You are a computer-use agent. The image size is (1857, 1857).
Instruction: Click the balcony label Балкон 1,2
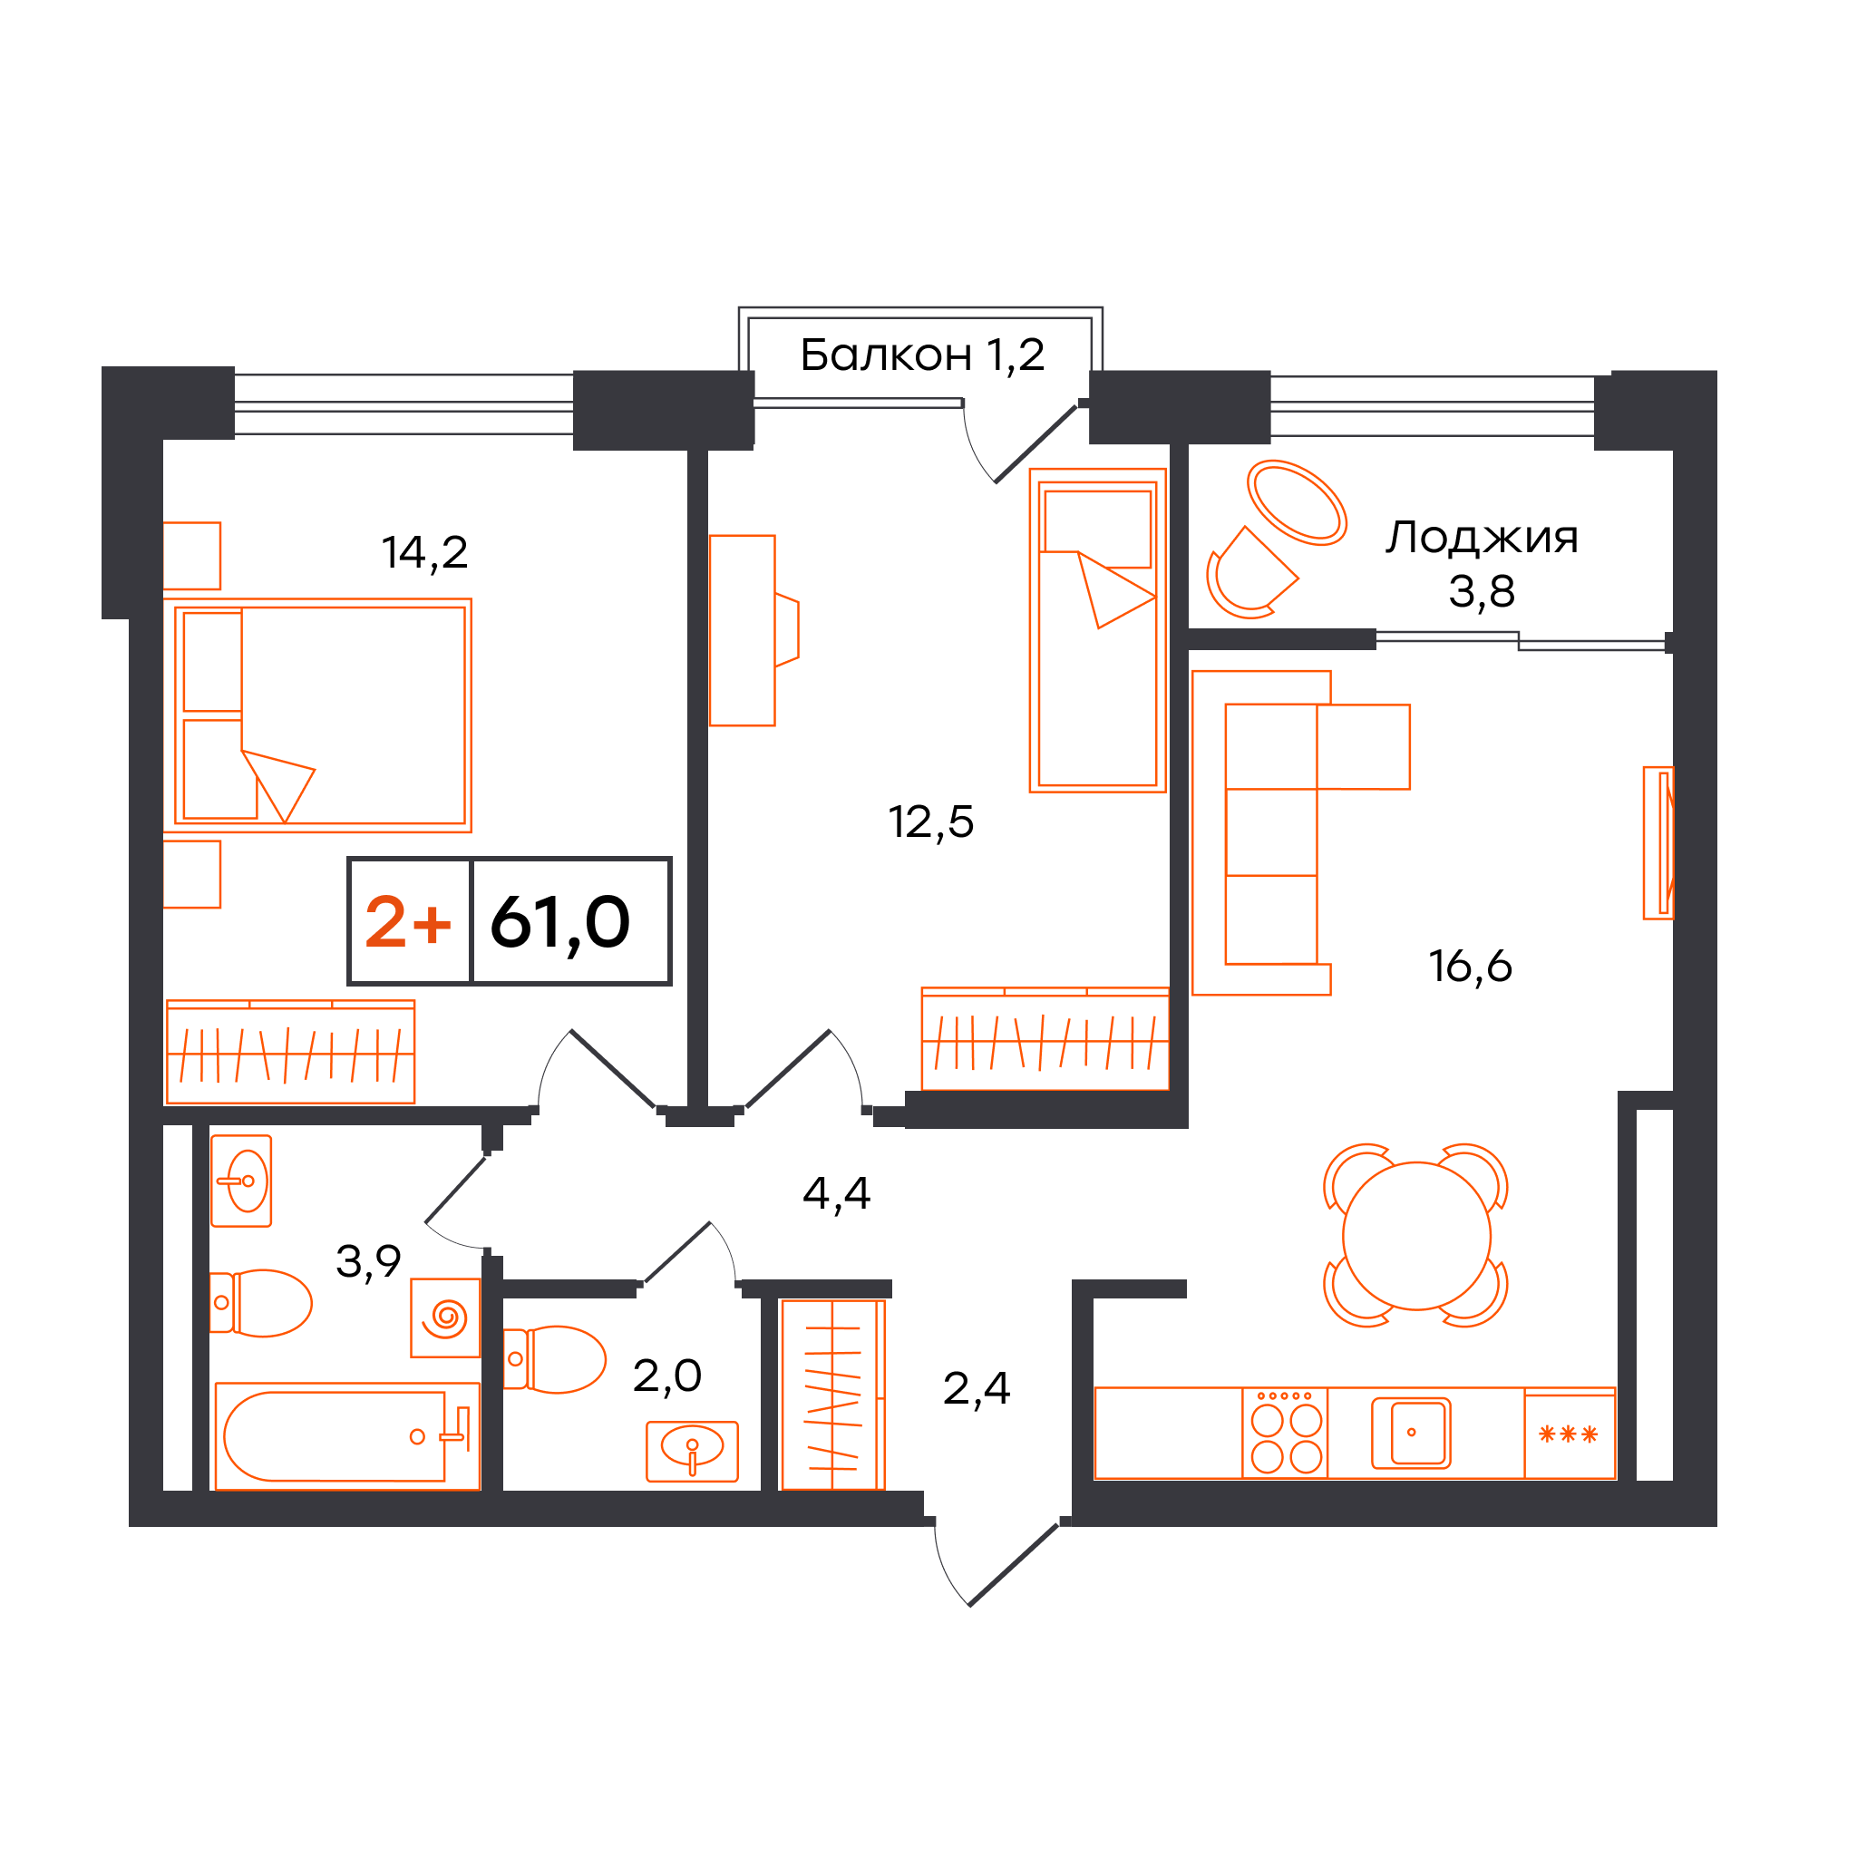tap(922, 355)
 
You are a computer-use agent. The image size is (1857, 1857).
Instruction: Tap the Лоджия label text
tap(1482, 538)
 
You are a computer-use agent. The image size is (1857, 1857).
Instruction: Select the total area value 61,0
tap(560, 923)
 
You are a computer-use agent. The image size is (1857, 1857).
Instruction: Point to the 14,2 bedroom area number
tap(425, 553)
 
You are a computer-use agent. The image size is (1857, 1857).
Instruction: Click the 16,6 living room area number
tap(1470, 966)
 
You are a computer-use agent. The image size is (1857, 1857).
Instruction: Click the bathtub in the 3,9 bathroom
tap(347, 1436)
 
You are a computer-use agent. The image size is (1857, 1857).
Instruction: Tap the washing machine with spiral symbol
tap(445, 1317)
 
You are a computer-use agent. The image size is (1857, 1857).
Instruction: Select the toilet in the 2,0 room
tap(555, 1359)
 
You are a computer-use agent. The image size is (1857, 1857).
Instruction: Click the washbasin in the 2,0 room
tap(692, 1452)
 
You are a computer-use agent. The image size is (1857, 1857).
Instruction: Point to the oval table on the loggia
tap(1297, 502)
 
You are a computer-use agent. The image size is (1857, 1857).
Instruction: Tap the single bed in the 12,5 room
tap(1098, 630)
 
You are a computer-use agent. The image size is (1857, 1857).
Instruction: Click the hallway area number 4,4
tap(836, 1194)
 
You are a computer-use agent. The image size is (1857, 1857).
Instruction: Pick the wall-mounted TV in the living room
tap(1659, 843)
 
